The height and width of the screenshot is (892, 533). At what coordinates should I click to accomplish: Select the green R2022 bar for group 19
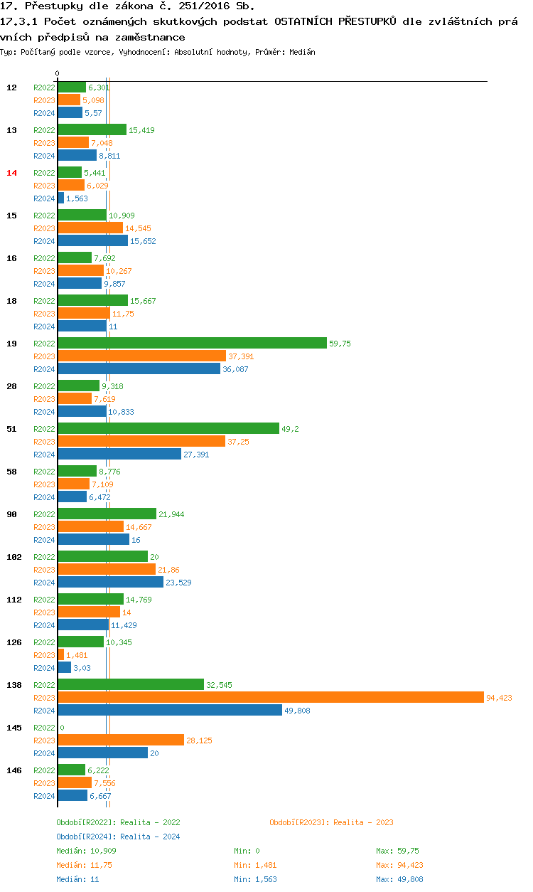tap(192, 344)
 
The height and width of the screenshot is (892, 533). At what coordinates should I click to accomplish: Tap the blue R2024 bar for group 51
tap(119, 455)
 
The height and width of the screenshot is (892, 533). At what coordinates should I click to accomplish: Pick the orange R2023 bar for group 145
tap(121, 740)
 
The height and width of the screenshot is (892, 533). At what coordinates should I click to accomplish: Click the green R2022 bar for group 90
tap(107, 514)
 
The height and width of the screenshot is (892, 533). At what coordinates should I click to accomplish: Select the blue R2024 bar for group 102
tap(110, 583)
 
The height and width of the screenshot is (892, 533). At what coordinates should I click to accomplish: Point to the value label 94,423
tap(499, 698)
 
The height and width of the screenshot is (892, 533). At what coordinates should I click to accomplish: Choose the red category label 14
tap(11, 173)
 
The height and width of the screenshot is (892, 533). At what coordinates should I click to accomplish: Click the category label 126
tap(14, 642)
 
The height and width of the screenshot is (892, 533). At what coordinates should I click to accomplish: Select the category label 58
tap(11, 472)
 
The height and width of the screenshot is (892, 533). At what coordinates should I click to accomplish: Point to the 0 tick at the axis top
tap(58, 74)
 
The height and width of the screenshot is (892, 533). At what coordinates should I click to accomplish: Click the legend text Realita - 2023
tap(363, 822)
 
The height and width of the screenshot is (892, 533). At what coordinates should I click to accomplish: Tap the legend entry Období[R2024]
tap(87, 837)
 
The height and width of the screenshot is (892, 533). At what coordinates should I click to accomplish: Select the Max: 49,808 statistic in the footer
tap(400, 879)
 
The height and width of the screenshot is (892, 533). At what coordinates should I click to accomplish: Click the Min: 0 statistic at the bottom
tap(247, 851)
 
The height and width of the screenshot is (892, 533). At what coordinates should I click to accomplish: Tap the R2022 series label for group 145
tap(44, 728)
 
